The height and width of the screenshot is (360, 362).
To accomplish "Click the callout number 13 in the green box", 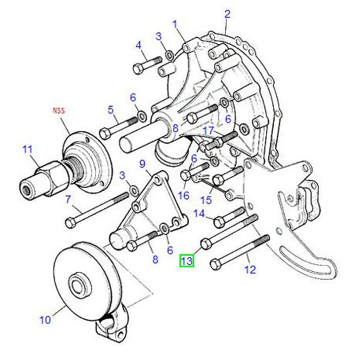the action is [187, 261].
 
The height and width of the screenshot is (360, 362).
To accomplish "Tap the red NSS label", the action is [59, 110].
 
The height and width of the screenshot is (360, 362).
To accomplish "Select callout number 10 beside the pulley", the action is [45, 320].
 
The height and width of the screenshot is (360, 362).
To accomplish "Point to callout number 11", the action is [28, 149].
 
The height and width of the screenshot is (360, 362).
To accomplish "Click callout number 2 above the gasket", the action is [227, 14].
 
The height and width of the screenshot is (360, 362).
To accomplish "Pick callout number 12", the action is [249, 270].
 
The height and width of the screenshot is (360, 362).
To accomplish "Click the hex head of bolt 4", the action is [138, 69].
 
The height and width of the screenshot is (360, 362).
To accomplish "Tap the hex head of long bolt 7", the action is [70, 223].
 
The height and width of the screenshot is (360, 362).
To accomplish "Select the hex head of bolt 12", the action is [216, 264].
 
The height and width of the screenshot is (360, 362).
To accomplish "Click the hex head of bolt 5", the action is [105, 134].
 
